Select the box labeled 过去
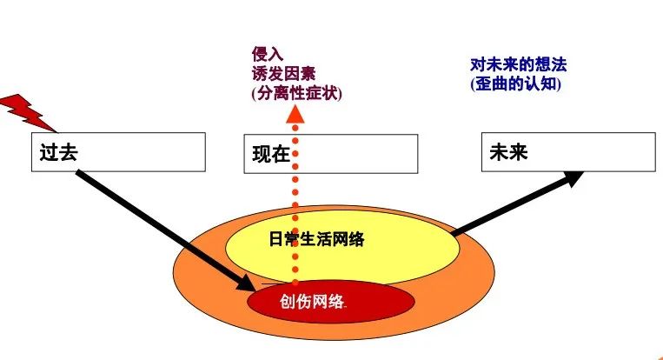(x=130, y=152)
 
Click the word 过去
(x=54, y=152)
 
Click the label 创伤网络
(x=313, y=301)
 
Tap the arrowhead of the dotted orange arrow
(x=295, y=113)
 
